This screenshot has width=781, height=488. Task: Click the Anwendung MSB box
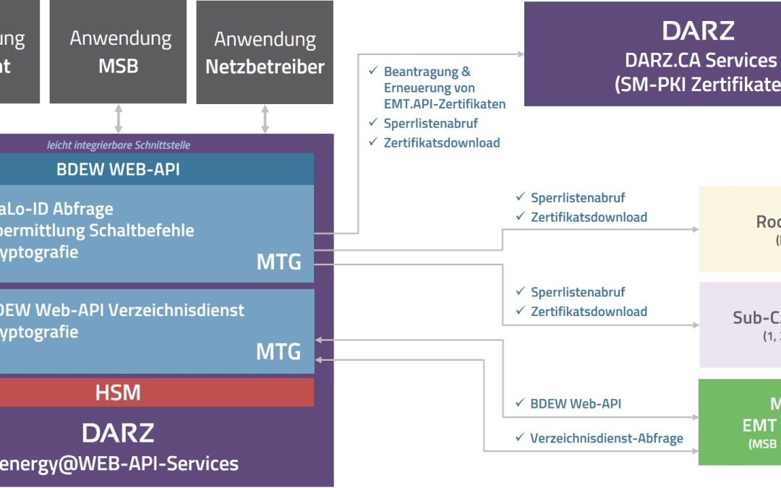tap(118, 51)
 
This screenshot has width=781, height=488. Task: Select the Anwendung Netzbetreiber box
tap(265, 52)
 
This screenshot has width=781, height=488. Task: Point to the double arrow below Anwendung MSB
tap(118, 119)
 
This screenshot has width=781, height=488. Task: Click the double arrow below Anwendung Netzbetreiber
tap(265, 119)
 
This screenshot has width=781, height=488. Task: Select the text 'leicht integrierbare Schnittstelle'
tap(119, 145)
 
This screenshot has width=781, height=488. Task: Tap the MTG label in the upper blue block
tap(278, 262)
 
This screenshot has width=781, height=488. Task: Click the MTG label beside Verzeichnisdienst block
tap(278, 352)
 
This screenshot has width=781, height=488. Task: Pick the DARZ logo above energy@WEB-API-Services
tap(118, 433)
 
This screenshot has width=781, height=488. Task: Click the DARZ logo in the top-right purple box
tap(698, 31)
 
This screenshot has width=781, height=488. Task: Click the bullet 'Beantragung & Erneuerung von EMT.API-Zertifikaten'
tap(438, 87)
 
